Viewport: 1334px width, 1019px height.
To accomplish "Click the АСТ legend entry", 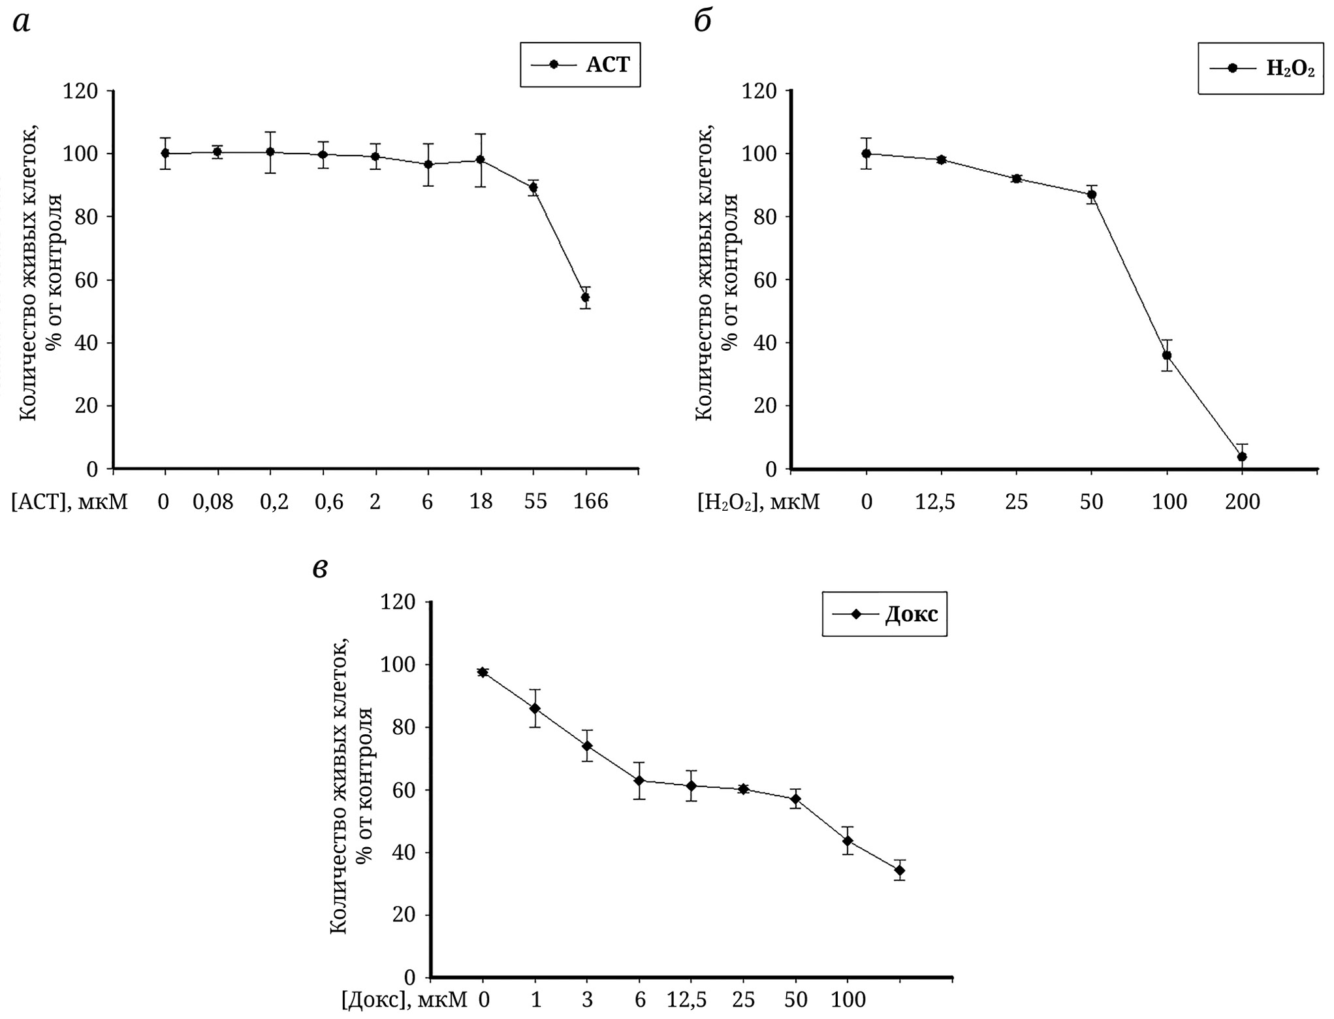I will coord(580,65).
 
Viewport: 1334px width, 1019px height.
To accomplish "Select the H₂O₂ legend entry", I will coord(1260,69).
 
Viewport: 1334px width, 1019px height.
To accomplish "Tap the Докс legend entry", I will coord(885,614).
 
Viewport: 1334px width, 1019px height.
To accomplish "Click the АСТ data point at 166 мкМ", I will coord(585,297).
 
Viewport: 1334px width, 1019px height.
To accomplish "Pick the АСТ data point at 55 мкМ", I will coord(533,187).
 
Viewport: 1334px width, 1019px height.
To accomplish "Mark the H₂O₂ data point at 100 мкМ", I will coord(1167,355).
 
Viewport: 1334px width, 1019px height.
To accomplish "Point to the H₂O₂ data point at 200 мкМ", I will coord(1242,457).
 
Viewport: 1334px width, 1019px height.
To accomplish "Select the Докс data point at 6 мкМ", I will coord(639,781).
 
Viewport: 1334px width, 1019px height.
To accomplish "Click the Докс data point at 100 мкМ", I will coord(848,841).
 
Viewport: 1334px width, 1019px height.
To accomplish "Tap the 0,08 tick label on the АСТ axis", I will coord(213,502).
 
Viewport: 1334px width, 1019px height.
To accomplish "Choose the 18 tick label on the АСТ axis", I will coord(481,502).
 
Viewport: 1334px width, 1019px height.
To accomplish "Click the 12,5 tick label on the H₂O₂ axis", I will coord(941,502).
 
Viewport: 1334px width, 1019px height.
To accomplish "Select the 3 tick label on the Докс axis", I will coord(587,1000).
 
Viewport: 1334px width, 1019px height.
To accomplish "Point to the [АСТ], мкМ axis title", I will coord(69,502).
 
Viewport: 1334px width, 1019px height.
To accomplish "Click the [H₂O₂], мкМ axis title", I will coord(758,502).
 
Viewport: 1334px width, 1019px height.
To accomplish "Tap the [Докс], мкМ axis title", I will coord(405,1000).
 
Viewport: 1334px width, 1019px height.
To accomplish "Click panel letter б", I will coord(702,22).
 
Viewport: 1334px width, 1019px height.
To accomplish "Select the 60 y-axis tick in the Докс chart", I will coord(403,790).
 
